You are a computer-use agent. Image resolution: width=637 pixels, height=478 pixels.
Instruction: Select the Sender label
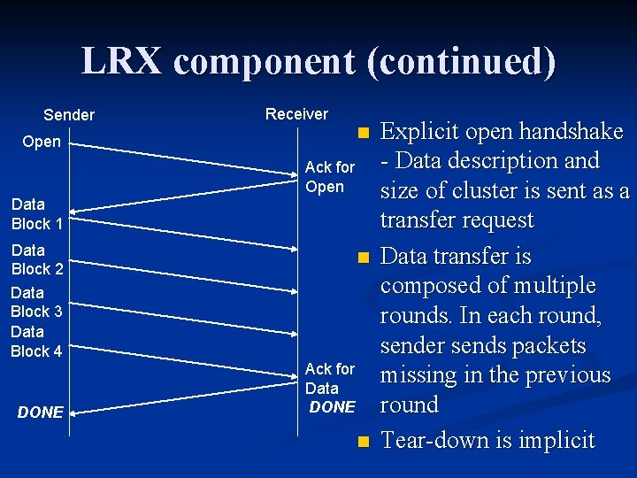click(69, 115)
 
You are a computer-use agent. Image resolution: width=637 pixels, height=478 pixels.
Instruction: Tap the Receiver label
click(296, 114)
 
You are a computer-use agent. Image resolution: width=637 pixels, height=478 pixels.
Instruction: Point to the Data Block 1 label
click(36, 214)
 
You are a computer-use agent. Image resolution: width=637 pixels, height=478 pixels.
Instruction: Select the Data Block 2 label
click(36, 259)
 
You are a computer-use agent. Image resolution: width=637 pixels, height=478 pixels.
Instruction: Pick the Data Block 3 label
click(36, 302)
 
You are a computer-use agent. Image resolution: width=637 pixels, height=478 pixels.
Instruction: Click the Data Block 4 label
click(36, 342)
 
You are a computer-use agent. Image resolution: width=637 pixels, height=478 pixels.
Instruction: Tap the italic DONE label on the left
click(41, 412)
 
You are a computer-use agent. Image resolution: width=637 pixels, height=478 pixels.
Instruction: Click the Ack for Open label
click(329, 177)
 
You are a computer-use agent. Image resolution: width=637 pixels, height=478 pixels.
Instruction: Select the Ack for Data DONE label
click(329, 388)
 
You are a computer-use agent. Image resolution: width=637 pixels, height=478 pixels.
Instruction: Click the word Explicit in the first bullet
click(418, 132)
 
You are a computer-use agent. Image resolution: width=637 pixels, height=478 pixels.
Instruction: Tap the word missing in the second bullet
click(418, 375)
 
